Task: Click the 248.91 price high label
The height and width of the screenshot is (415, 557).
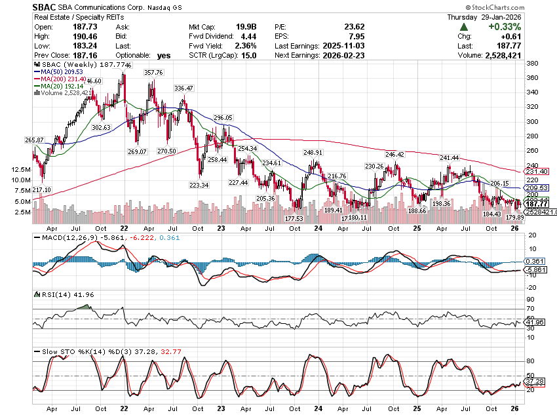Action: [x=313, y=152]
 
